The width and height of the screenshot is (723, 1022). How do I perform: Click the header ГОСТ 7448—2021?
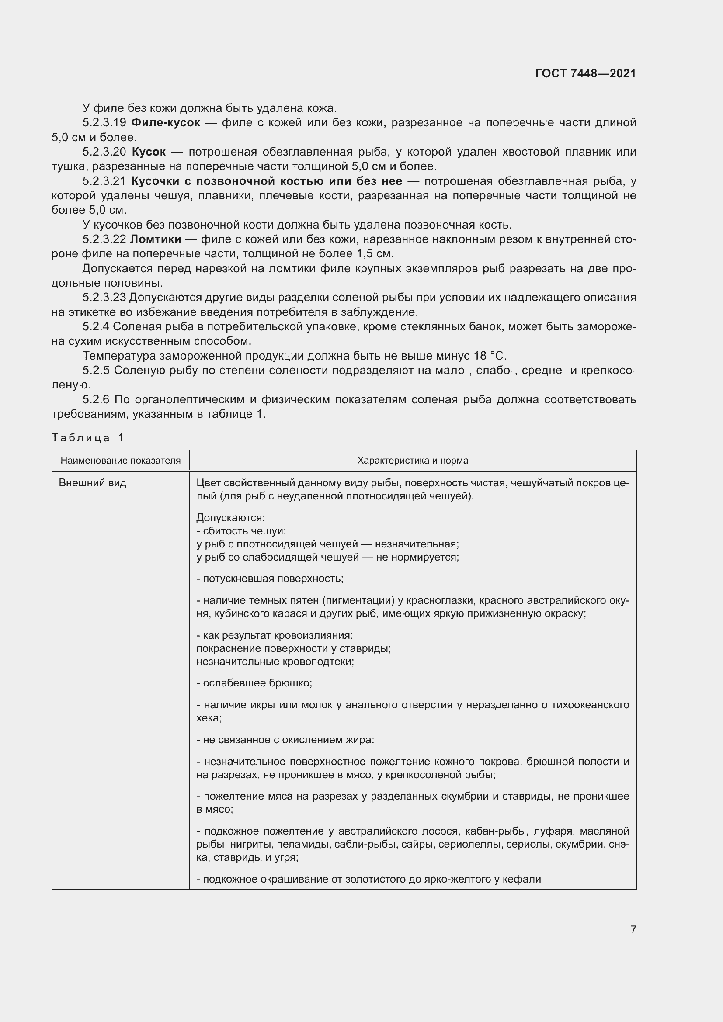(585, 73)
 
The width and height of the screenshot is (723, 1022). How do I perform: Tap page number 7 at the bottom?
(633, 929)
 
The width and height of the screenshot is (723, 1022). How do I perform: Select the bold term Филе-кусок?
(166, 122)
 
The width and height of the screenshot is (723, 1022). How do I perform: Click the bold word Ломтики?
(155, 239)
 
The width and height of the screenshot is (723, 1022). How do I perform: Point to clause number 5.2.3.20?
(104, 152)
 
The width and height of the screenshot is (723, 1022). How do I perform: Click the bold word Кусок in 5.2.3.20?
(149, 152)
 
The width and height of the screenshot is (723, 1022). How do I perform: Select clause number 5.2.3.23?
(104, 298)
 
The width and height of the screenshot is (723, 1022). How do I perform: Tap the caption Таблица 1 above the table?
(87, 437)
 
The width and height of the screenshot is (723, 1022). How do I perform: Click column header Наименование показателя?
(121, 460)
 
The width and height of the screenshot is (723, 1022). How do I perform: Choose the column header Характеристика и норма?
(412, 460)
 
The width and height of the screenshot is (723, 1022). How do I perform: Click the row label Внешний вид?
(93, 483)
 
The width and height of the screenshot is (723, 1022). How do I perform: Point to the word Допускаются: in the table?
(230, 518)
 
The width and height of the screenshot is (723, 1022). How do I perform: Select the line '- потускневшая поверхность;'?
(270, 579)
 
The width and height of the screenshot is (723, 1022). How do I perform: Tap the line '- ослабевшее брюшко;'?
(254, 683)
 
